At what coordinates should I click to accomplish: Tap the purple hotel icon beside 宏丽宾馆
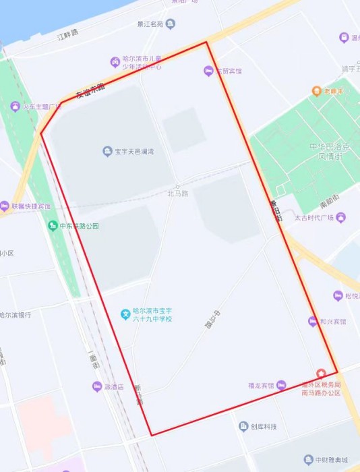pos(209,71)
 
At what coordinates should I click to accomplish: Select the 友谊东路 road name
pos(90,89)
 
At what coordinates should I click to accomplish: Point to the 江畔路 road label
pos(68,33)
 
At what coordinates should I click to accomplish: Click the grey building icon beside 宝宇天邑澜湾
pos(107,152)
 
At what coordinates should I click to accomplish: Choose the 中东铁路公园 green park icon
pos(53,226)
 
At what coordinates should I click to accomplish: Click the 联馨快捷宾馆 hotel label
pos(31,206)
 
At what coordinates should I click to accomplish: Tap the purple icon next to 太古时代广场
pos(341,217)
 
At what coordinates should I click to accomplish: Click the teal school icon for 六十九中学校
pos(125,314)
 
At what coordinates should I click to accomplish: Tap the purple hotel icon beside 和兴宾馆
pos(313,322)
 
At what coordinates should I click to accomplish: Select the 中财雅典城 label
pos(330,461)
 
